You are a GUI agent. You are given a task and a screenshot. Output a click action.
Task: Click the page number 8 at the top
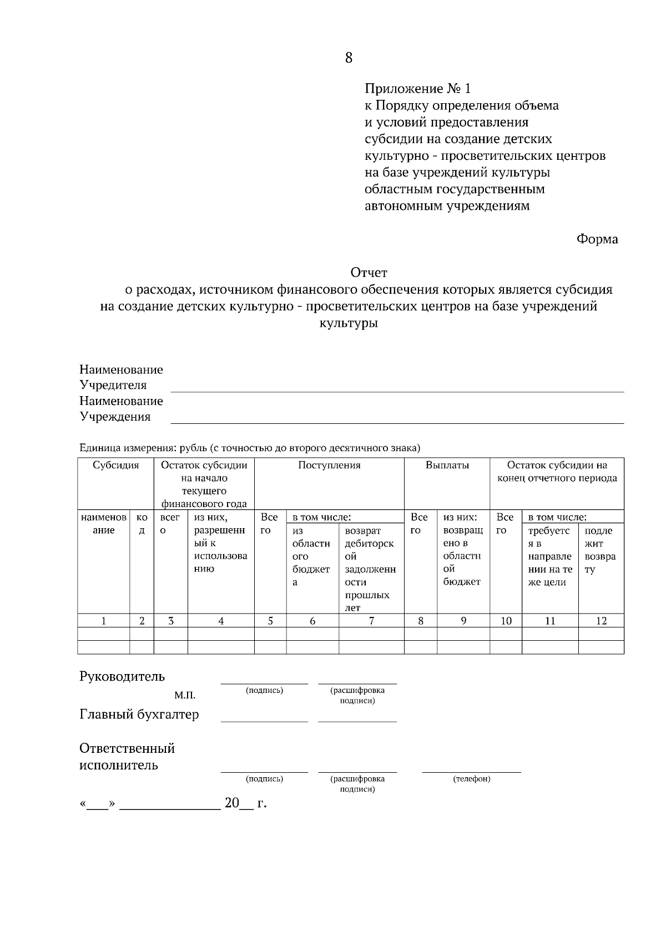(x=349, y=58)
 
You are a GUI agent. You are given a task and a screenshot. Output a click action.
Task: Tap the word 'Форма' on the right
(x=597, y=239)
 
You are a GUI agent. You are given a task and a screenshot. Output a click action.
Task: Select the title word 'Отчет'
(x=369, y=272)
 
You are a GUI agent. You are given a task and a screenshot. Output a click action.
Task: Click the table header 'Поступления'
(x=329, y=465)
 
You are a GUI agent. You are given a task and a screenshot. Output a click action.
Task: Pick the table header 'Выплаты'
(x=447, y=465)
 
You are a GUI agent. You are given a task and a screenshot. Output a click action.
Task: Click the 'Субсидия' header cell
(x=115, y=465)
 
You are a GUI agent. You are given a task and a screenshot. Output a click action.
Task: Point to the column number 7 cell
(x=371, y=621)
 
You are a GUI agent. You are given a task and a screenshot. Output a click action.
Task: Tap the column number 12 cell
(x=601, y=621)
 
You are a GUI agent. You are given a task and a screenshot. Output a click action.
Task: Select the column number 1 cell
(x=104, y=621)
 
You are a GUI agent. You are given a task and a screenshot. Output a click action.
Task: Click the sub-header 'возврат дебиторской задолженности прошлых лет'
(x=370, y=569)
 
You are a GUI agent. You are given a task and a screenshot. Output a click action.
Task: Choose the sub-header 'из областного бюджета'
(x=311, y=556)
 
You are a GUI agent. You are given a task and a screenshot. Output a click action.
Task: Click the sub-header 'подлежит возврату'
(x=600, y=550)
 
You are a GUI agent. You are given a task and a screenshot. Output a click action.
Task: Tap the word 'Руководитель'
(x=122, y=676)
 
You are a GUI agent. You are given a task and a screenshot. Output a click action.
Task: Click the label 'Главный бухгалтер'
(x=139, y=714)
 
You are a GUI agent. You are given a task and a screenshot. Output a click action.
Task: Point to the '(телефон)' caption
(x=472, y=779)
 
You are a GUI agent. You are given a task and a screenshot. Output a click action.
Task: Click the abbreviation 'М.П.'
(x=185, y=695)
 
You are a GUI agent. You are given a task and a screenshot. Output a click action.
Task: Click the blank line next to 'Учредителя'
(x=397, y=388)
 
